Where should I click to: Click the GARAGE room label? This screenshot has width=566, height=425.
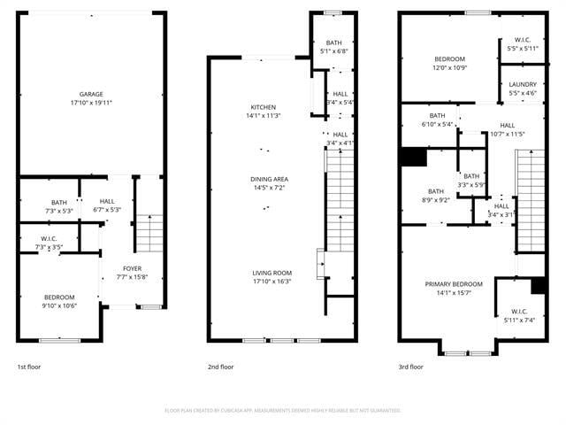tap(91, 94)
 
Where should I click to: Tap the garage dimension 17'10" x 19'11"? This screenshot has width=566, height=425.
tap(91, 103)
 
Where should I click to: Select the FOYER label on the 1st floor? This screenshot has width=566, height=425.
tap(132, 268)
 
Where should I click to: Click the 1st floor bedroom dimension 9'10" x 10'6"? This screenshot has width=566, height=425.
tap(60, 305)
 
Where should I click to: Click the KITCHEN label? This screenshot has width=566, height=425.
tap(263, 107)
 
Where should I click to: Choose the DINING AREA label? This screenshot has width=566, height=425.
tap(269, 180)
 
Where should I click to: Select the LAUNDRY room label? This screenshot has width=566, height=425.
tap(523, 84)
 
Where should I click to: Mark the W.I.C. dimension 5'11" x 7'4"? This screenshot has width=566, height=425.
tap(518, 320)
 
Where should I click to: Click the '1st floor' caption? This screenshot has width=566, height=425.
tap(29, 367)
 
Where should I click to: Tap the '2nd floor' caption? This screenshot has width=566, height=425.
tap(220, 367)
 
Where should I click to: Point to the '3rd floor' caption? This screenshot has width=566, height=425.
tap(410, 367)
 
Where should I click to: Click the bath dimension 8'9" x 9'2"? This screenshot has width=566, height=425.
tap(437, 200)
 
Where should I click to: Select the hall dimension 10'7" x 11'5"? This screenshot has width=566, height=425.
tap(507, 134)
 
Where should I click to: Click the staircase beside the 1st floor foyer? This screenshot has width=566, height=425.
tap(150, 234)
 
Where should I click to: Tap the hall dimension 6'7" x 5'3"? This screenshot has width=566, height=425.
tap(107, 210)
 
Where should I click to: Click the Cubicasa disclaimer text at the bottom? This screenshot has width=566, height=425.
tap(283, 410)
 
